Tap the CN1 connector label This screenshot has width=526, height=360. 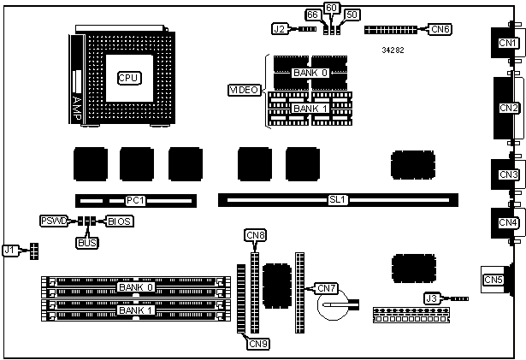tap(506, 43)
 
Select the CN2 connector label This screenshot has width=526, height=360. tap(509, 108)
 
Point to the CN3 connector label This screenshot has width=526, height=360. tap(509, 174)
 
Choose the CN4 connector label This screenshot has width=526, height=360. tap(509, 222)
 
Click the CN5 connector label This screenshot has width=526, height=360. tap(493, 280)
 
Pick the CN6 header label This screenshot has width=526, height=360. tap(440, 29)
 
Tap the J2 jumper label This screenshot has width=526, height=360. tap(279, 28)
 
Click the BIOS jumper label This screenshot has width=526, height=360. tap(120, 221)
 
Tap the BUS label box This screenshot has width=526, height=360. tap(87, 243)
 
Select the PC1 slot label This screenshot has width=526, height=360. tap(135, 200)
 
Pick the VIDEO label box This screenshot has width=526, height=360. tap(244, 90)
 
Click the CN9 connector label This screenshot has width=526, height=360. tap(258, 344)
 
